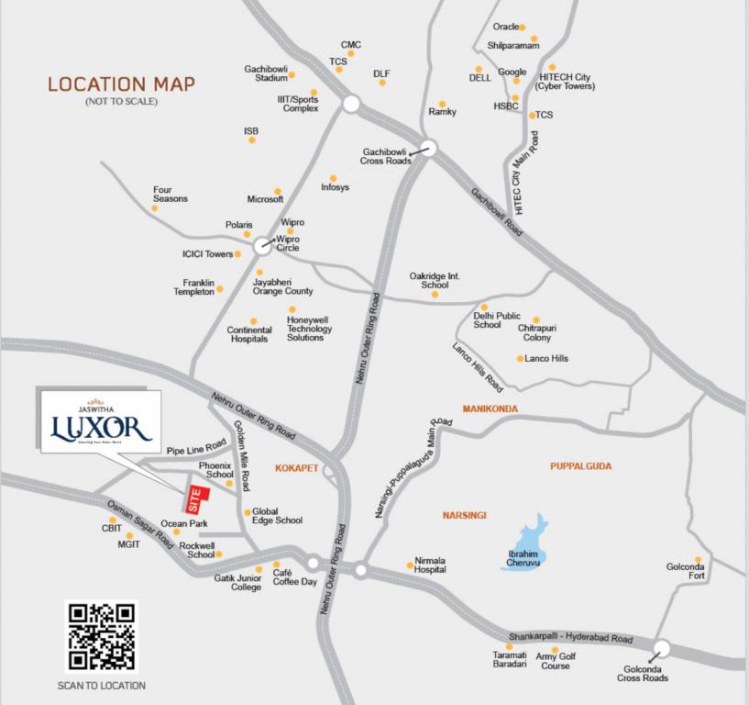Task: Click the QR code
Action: [x=101, y=635]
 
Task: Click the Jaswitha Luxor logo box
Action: [x=101, y=423]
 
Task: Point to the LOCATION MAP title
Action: [x=121, y=84]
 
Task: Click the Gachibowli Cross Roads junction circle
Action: [x=428, y=147]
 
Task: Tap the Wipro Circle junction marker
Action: [x=261, y=245]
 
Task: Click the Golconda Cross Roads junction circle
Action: [x=662, y=648]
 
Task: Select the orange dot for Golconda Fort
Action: [x=698, y=559]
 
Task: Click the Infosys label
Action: [x=335, y=188]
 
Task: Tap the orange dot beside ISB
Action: [x=251, y=140]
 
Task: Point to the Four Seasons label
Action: [x=170, y=195]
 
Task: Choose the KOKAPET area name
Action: [x=296, y=467]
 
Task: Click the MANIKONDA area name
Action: [x=490, y=408]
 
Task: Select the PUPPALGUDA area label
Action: [x=580, y=466]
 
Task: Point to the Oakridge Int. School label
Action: [x=435, y=280]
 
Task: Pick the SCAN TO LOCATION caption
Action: [x=101, y=686]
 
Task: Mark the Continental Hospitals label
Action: [x=249, y=334]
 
